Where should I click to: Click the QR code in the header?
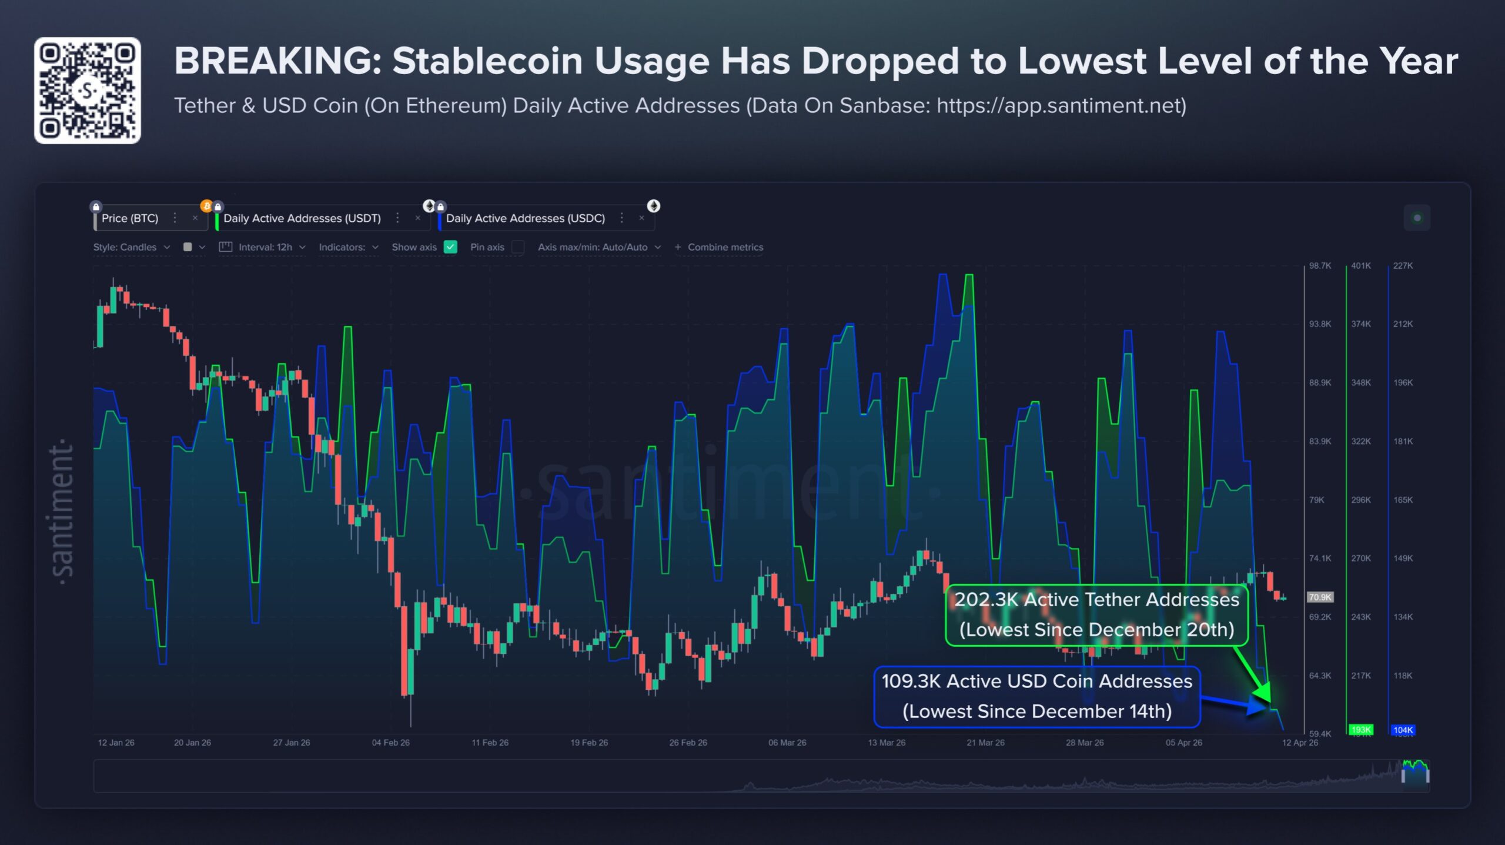87,91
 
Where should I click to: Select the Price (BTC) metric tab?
130,218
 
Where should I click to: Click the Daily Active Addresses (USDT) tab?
302,218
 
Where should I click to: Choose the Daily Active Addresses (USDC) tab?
525,218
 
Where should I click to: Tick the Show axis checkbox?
450,247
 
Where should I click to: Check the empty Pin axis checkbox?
518,247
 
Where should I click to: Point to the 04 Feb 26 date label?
390,743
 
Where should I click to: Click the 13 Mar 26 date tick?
887,743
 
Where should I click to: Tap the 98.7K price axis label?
1320,266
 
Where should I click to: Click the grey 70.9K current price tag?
1320,597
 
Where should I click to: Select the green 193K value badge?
1360,730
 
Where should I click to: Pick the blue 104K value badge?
1403,730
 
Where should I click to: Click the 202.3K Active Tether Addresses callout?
1096,614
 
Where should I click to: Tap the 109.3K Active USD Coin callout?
1036,696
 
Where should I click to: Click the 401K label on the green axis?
1360,266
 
